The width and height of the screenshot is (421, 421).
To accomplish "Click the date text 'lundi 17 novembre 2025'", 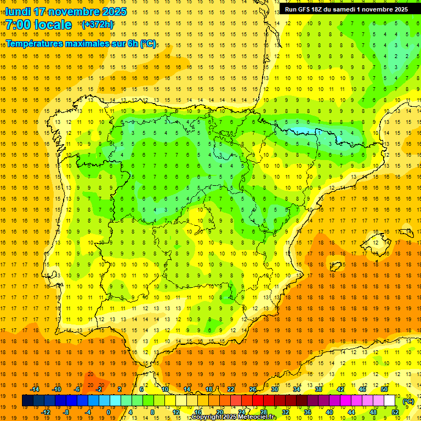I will [x=66, y=12].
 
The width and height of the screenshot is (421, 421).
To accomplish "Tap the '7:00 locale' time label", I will [x=38, y=25].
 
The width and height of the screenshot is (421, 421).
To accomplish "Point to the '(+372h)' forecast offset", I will [x=98, y=25].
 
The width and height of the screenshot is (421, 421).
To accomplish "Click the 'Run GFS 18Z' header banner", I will [x=346, y=9].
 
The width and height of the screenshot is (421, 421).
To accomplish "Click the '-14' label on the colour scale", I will [x=35, y=389].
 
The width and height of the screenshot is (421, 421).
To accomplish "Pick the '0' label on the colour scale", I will [x=109, y=412].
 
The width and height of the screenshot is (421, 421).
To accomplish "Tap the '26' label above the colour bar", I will [x=253, y=389].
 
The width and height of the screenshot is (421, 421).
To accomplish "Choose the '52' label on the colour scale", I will [x=395, y=412].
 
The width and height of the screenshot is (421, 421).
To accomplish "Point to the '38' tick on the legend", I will [x=318, y=389].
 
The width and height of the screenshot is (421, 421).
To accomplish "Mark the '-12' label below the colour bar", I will [x=45, y=412].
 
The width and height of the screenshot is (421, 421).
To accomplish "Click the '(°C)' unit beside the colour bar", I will [x=408, y=401].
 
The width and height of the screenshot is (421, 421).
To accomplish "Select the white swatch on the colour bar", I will [x=390, y=401].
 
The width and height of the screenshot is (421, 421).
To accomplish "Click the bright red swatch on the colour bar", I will [x=258, y=401].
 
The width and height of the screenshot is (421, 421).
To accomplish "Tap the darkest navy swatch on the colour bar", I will [x=27, y=401].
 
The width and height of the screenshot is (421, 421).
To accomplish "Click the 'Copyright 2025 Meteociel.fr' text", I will [x=233, y=417].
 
